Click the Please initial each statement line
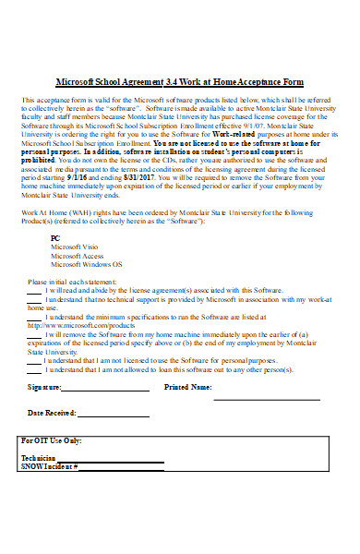71,281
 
